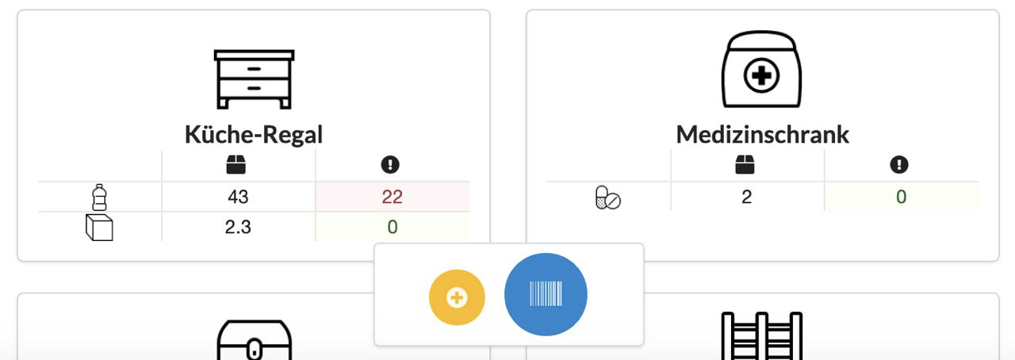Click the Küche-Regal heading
(254, 134)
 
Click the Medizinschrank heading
(762, 134)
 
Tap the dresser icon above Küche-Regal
(254, 79)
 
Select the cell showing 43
(238, 197)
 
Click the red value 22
(392, 197)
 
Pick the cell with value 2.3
(238, 228)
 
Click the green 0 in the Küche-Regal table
(392, 228)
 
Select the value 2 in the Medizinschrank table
(746, 197)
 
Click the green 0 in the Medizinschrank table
(901, 197)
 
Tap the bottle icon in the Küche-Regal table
(99, 197)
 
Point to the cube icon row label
(99, 228)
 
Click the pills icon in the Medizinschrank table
(607, 197)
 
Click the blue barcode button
(546, 295)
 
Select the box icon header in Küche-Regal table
(236, 165)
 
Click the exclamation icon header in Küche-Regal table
(390, 165)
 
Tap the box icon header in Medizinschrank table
(745, 165)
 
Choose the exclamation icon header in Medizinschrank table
(898, 165)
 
